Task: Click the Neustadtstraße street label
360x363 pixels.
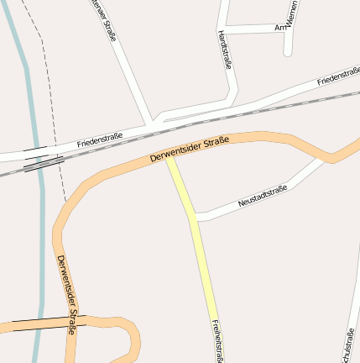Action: point(263,196)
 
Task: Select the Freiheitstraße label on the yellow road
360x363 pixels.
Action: point(217,341)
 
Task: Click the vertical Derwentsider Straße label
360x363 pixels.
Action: point(67,294)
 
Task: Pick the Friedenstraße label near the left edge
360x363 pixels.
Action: point(100,139)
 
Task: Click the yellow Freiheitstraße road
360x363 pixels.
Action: point(201,252)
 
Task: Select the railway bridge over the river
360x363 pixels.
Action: point(38,161)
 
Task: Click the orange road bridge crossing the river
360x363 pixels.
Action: point(38,324)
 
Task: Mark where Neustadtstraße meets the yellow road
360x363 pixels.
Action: point(194,217)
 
